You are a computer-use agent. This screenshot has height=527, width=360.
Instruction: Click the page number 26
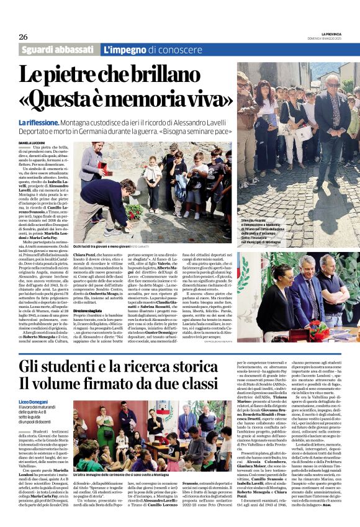tap(23, 36)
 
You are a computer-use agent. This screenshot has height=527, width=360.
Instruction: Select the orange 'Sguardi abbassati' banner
tap(60, 50)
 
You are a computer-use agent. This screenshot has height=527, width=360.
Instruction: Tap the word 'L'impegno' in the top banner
tap(125, 50)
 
